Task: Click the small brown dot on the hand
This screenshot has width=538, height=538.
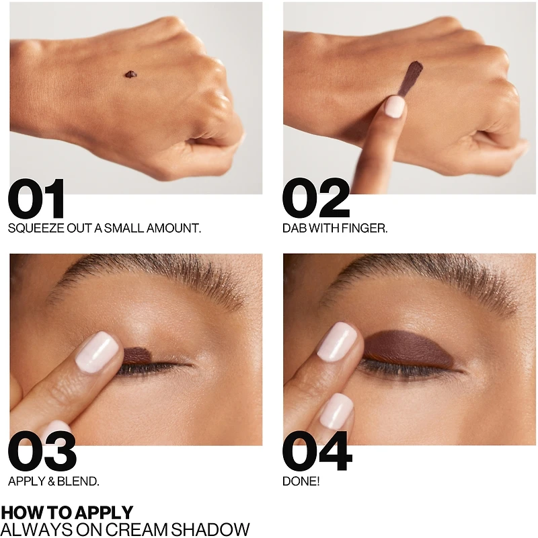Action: [x=130, y=75]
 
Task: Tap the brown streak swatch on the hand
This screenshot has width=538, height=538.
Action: [x=411, y=78]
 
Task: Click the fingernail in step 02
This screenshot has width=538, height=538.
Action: [x=395, y=107]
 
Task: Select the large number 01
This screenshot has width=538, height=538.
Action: [x=36, y=198]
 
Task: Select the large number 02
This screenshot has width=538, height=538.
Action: [x=315, y=198]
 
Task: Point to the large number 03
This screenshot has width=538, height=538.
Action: [x=42, y=451]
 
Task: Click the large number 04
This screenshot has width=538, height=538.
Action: [x=317, y=451]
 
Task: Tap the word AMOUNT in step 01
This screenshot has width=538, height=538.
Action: [x=174, y=228]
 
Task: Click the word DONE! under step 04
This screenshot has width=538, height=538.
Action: [x=301, y=481]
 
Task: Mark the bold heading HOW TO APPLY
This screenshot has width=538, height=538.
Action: [x=67, y=512]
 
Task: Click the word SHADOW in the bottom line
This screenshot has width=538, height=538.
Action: [x=210, y=529]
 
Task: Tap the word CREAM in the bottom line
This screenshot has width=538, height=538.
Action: [x=138, y=529]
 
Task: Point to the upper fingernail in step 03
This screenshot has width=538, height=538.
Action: [x=97, y=352]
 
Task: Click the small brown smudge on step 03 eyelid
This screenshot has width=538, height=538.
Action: [x=137, y=356]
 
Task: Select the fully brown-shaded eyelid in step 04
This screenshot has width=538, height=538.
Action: [x=408, y=349]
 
